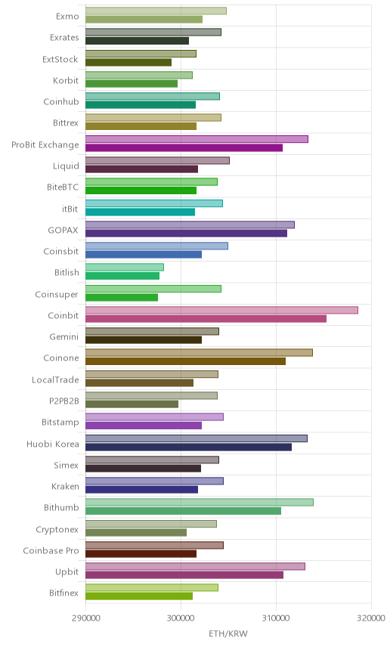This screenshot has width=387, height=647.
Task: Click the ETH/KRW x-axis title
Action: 228,633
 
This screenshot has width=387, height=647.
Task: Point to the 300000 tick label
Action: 181,618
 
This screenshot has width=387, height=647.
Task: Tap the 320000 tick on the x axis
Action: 371,618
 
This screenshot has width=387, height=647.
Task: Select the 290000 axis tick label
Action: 86,618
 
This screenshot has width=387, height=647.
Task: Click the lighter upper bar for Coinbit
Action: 221,310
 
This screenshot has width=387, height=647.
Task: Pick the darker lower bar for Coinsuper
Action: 122,297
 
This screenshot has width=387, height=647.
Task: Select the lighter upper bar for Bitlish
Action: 125,267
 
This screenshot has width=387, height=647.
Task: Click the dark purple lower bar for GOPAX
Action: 186,233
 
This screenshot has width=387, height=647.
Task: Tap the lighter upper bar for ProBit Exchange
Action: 197,139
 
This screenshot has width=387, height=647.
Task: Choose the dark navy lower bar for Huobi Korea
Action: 188,447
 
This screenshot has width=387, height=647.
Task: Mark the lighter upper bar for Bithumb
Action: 200,502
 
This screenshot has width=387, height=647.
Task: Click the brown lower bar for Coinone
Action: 186,361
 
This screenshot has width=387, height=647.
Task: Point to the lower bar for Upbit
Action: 184,575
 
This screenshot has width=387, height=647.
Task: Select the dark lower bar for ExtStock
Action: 128,62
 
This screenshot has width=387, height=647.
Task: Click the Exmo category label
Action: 67,16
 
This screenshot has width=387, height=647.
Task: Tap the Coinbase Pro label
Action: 51,550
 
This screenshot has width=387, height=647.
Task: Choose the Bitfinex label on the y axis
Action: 63,593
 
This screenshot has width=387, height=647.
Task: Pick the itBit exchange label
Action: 70,209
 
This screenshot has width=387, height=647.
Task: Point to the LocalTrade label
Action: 55,379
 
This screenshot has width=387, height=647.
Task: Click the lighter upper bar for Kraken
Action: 154,481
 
